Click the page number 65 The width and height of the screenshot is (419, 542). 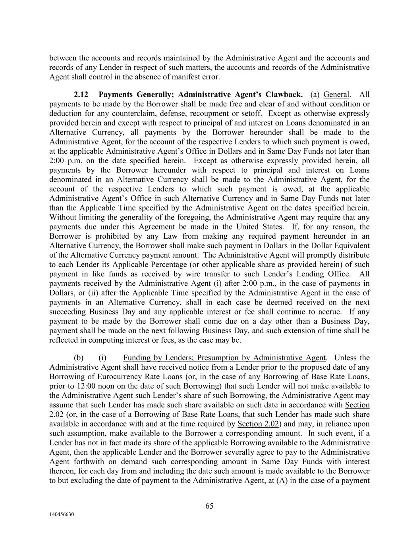(x=209, y=506)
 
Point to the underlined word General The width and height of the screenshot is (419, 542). (x=336, y=95)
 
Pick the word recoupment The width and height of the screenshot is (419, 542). (x=214, y=114)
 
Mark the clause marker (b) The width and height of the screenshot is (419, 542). (x=78, y=358)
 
